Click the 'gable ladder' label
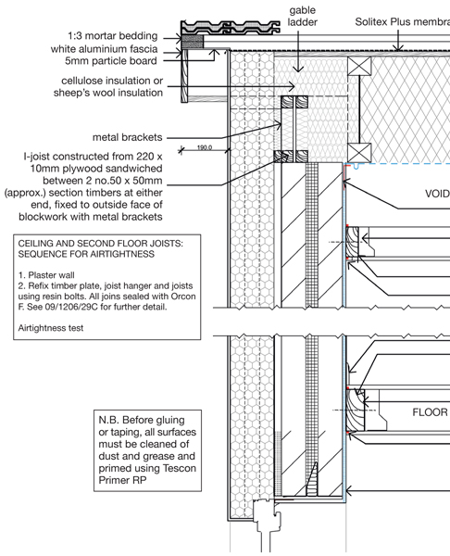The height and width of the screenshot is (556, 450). (302, 16)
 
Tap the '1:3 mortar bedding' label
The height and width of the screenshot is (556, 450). (113, 36)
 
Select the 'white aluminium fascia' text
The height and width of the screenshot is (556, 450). (105, 48)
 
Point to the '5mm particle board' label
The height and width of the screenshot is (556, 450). (110, 60)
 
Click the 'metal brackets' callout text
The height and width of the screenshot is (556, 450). (127, 137)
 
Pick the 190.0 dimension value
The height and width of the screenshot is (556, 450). (205, 147)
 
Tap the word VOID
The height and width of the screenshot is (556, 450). (437, 194)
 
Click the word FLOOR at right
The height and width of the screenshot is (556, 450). (431, 412)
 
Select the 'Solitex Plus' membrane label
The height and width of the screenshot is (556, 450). (403, 22)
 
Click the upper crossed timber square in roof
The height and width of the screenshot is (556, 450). (359, 66)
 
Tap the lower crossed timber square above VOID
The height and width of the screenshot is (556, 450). (359, 153)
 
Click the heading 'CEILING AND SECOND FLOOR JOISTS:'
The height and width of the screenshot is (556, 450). (101, 244)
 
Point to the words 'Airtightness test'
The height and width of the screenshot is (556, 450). (51, 328)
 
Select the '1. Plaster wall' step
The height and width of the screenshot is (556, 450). (46, 275)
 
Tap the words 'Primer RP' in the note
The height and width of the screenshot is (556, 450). (122, 480)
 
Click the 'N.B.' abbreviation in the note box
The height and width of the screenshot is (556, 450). (108, 420)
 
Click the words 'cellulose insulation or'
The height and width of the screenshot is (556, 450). (112, 81)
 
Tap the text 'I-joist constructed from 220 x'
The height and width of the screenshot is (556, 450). (93, 157)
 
